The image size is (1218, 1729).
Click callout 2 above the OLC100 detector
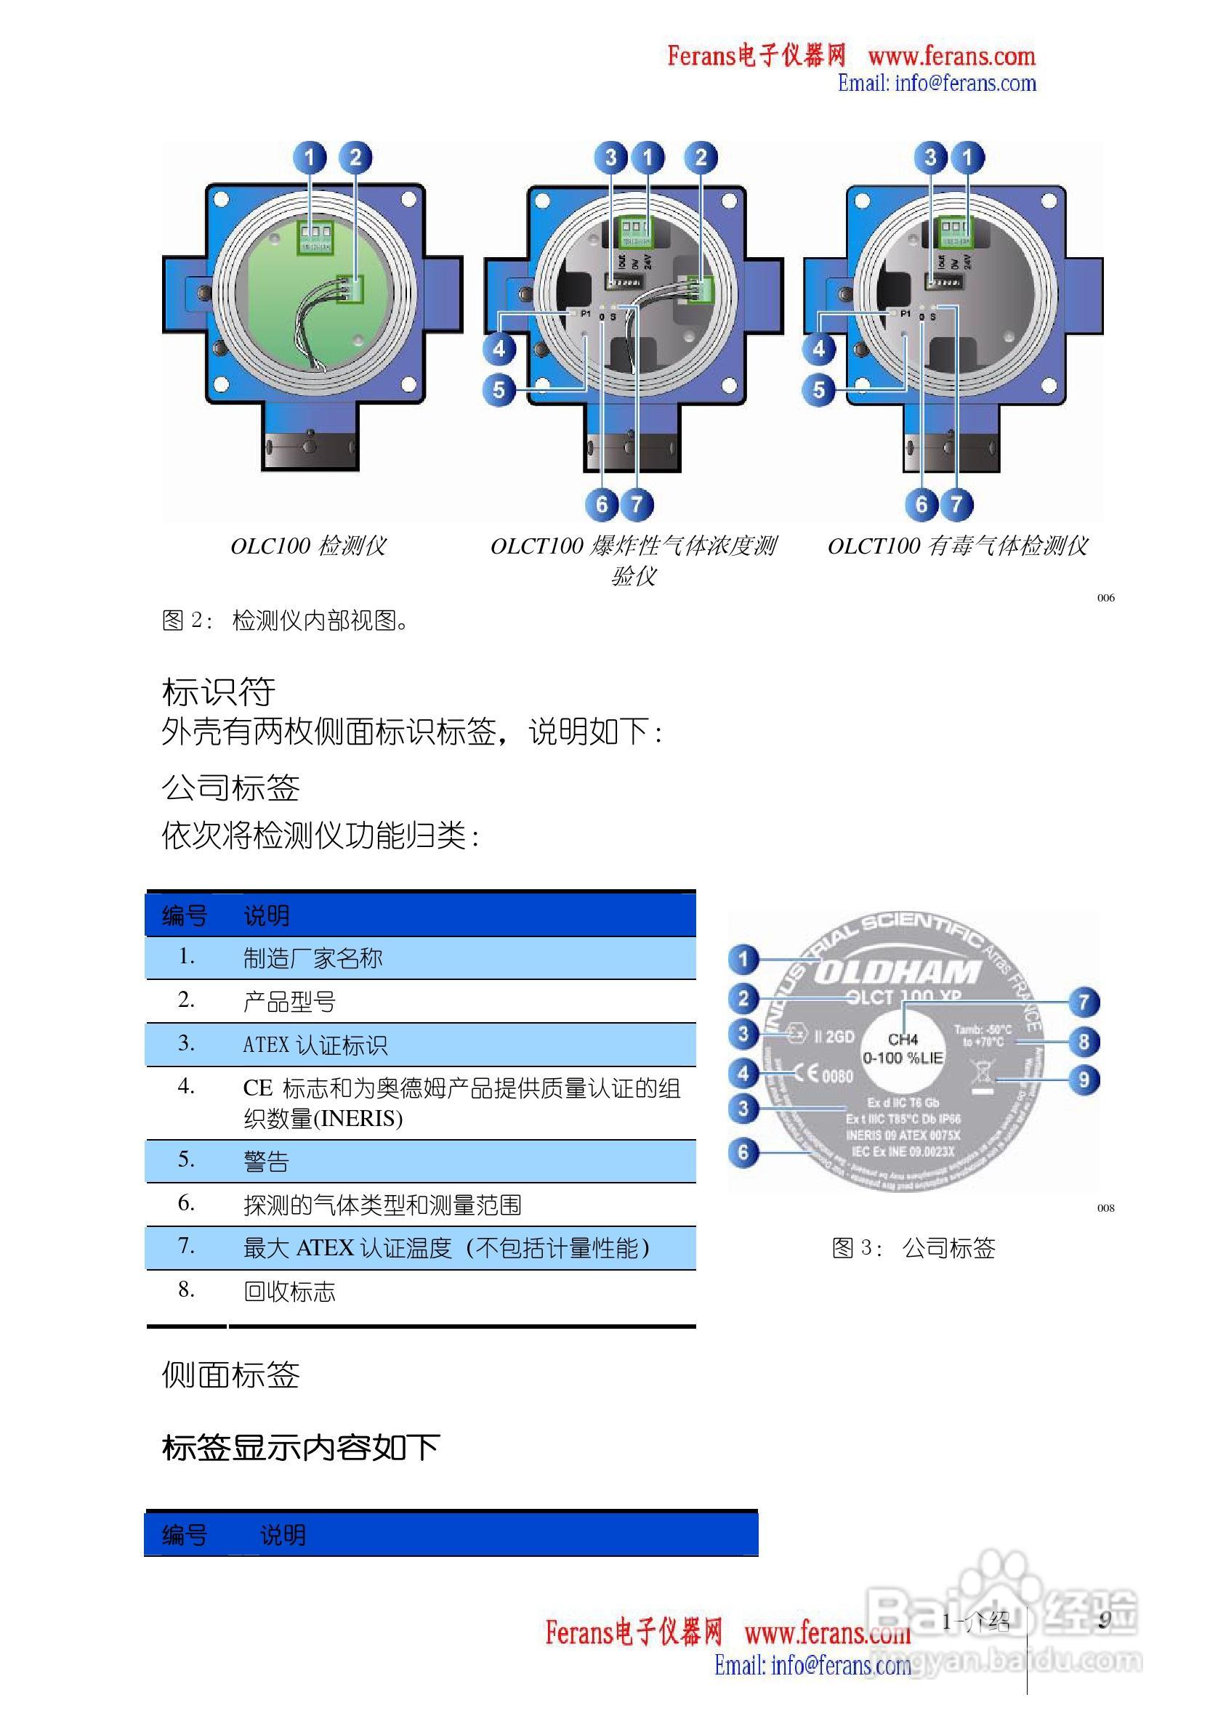[x=355, y=158]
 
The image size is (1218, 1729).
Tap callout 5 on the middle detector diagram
[x=499, y=390]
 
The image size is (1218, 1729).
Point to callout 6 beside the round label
[x=743, y=1152]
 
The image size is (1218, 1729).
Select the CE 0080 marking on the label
[x=823, y=1074]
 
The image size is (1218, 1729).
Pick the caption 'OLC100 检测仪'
[x=308, y=546]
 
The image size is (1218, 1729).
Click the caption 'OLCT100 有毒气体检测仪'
[x=957, y=546]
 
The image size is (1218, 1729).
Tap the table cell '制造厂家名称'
[x=312, y=959]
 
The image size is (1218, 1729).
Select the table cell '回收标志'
[x=289, y=1292]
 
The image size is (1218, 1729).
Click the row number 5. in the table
[x=186, y=1159]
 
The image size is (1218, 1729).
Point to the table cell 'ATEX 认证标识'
[x=315, y=1045]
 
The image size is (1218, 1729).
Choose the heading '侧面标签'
[x=230, y=1376]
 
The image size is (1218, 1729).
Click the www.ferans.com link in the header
[x=951, y=57]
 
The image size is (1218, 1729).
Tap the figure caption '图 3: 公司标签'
[x=913, y=1249]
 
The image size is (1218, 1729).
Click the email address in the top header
[x=937, y=83]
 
